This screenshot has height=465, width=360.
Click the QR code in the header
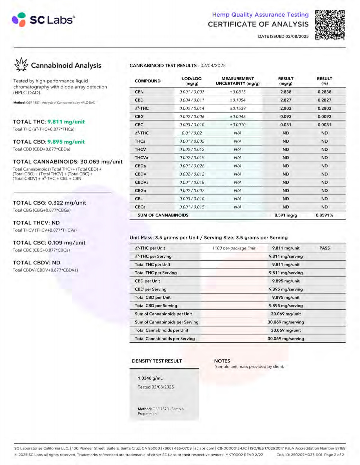click(x=330, y=25)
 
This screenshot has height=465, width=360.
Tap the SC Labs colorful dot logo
click(x=19, y=20)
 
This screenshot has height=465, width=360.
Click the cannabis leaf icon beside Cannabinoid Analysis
click(x=21, y=65)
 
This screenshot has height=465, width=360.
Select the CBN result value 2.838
click(x=286, y=92)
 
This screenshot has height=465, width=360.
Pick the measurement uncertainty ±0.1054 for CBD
click(x=237, y=100)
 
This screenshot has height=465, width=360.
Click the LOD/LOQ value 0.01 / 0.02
click(x=192, y=133)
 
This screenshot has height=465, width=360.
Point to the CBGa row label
click(x=140, y=191)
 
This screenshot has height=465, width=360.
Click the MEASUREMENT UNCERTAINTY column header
click(x=237, y=81)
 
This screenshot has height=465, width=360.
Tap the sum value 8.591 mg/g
click(x=286, y=215)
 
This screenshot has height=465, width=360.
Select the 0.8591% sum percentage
click(x=324, y=215)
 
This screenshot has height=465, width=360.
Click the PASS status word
click(x=324, y=248)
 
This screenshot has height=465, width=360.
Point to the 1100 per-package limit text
click(x=234, y=248)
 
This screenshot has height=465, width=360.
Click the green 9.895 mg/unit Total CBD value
click(x=66, y=142)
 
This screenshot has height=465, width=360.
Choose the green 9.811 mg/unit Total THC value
click(x=66, y=122)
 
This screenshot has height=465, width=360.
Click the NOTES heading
click(x=222, y=361)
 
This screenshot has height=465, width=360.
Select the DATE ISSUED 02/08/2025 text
click(x=283, y=36)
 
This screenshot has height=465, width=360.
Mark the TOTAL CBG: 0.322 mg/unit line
click(x=50, y=203)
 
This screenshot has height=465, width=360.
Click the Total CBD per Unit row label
click(x=153, y=297)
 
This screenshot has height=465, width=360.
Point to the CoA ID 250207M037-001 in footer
click(x=299, y=455)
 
